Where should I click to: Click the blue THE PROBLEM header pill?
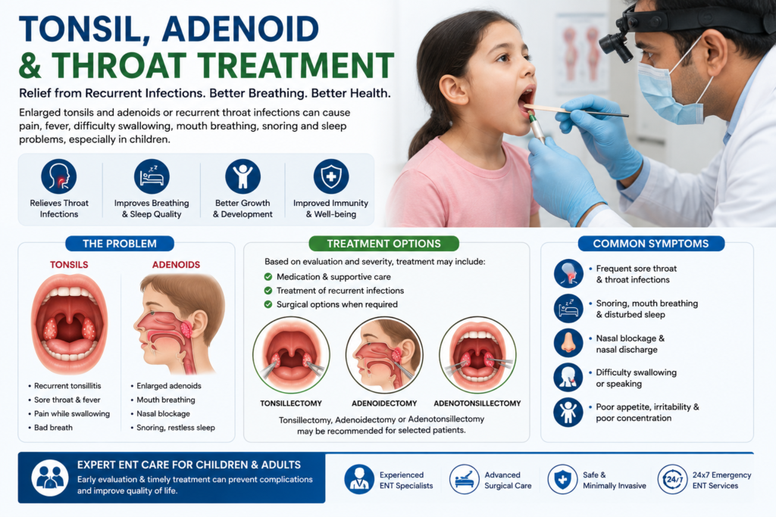[120, 244]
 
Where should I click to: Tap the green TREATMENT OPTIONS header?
[383, 244]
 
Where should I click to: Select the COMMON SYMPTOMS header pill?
[651, 244]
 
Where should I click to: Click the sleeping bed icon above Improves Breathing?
[152, 176]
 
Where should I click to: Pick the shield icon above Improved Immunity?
[331, 176]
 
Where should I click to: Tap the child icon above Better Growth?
[242, 176]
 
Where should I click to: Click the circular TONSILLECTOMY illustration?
[291, 355]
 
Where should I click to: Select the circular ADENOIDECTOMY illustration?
[384, 355]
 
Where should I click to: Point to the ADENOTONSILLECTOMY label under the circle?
[477, 403]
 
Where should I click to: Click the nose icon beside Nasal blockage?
[568, 343]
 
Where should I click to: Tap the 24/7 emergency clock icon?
[673, 479]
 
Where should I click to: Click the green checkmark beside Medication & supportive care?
[268, 277]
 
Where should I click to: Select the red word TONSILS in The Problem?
[69, 265]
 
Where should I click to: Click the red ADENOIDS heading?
[176, 265]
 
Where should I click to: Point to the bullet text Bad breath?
[53, 428]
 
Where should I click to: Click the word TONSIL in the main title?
[84, 30]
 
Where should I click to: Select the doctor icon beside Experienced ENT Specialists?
[359, 479]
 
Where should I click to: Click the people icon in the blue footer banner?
[50, 478]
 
